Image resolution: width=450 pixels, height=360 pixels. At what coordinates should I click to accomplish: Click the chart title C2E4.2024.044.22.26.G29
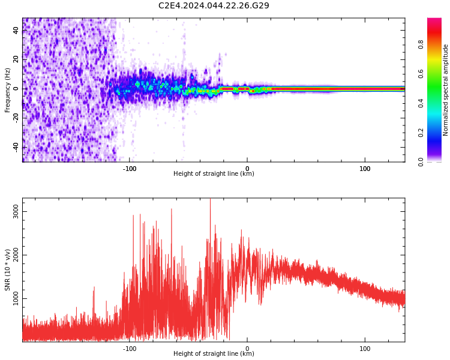coord(214,5)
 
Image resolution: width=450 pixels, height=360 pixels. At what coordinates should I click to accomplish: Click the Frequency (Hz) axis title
coord(7,90)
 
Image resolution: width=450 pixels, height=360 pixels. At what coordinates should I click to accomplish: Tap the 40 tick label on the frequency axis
coord(16,30)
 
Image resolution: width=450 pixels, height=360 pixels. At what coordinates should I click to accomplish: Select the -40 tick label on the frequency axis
coord(16,146)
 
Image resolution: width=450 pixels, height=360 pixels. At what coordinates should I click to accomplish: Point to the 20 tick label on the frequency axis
coord(16,59)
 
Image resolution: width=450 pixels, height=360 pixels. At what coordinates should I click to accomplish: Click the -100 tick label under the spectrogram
coord(130,169)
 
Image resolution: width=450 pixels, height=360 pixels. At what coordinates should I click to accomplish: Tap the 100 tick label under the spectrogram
coord(365,169)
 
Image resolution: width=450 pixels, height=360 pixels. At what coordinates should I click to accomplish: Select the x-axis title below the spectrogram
coord(214,173)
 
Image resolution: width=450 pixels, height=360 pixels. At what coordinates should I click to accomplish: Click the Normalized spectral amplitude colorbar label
coord(445,90)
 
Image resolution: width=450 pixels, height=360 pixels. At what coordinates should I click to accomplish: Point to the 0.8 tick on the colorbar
coord(421,44)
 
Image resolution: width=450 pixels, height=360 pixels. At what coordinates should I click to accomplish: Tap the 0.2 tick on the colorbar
coord(421,133)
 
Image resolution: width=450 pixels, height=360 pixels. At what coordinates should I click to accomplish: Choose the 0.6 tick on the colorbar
coord(421,74)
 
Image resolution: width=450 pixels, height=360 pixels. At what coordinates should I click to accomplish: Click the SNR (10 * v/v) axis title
coord(7,269)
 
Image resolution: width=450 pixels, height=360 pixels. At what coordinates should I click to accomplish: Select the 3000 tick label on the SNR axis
coord(16,212)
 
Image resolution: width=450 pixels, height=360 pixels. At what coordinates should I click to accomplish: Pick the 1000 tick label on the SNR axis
coord(16,299)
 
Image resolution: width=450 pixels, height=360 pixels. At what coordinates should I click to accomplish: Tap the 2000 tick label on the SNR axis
coord(16,255)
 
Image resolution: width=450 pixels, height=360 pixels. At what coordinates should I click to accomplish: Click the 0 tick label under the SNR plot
coord(247,349)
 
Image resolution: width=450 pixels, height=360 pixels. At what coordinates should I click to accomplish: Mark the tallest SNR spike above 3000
coord(211,199)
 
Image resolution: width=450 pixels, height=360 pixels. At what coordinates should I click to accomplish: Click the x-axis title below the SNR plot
coord(214,353)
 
